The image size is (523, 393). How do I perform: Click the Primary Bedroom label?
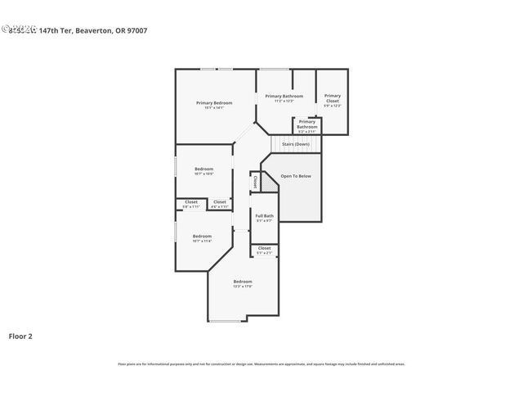pos(214,102)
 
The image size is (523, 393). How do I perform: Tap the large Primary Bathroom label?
pos(284,96)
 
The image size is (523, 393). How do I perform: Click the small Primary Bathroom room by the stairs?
pos(307,124)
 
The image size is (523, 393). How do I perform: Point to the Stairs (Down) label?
pos(295,144)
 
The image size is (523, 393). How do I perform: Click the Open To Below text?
pos(296,176)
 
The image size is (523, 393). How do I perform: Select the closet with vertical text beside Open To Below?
pos(256,182)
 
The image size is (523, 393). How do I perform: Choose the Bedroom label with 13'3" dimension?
pos(242,281)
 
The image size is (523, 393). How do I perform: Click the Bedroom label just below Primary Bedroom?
pos(203,169)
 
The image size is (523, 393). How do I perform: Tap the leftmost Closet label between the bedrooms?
pos(190,201)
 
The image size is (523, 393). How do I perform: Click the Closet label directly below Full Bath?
pos(265,247)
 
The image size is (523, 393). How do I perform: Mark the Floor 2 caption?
pos(20,336)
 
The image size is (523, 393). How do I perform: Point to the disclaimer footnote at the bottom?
pos(261,364)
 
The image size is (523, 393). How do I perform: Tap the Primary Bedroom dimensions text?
pos(214,107)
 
